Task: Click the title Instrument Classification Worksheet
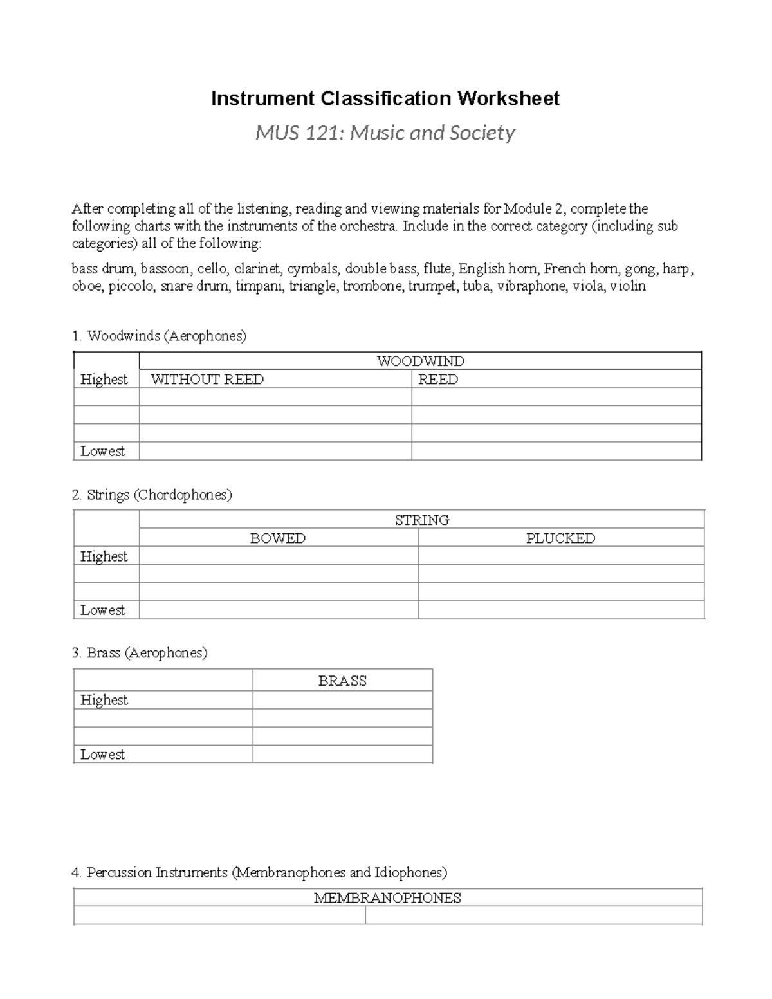[x=385, y=98]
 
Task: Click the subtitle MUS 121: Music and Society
[x=385, y=133]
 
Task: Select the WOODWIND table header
[x=420, y=361]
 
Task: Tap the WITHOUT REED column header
[x=207, y=380]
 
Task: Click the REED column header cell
[x=438, y=380]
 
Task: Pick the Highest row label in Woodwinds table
[x=104, y=380]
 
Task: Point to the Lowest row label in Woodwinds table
[x=103, y=452]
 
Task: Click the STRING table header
[x=422, y=520]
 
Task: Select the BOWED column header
[x=278, y=538]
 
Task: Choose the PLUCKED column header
[x=560, y=538]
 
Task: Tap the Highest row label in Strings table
[x=104, y=556]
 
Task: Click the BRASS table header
[x=342, y=681]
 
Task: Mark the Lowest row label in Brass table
[x=103, y=755]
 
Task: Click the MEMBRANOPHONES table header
[x=387, y=898]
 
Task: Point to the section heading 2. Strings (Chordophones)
[x=152, y=495]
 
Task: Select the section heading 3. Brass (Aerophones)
[x=140, y=653]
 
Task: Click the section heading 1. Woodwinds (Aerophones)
[x=159, y=336]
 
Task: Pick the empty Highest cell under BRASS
[x=342, y=700]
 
